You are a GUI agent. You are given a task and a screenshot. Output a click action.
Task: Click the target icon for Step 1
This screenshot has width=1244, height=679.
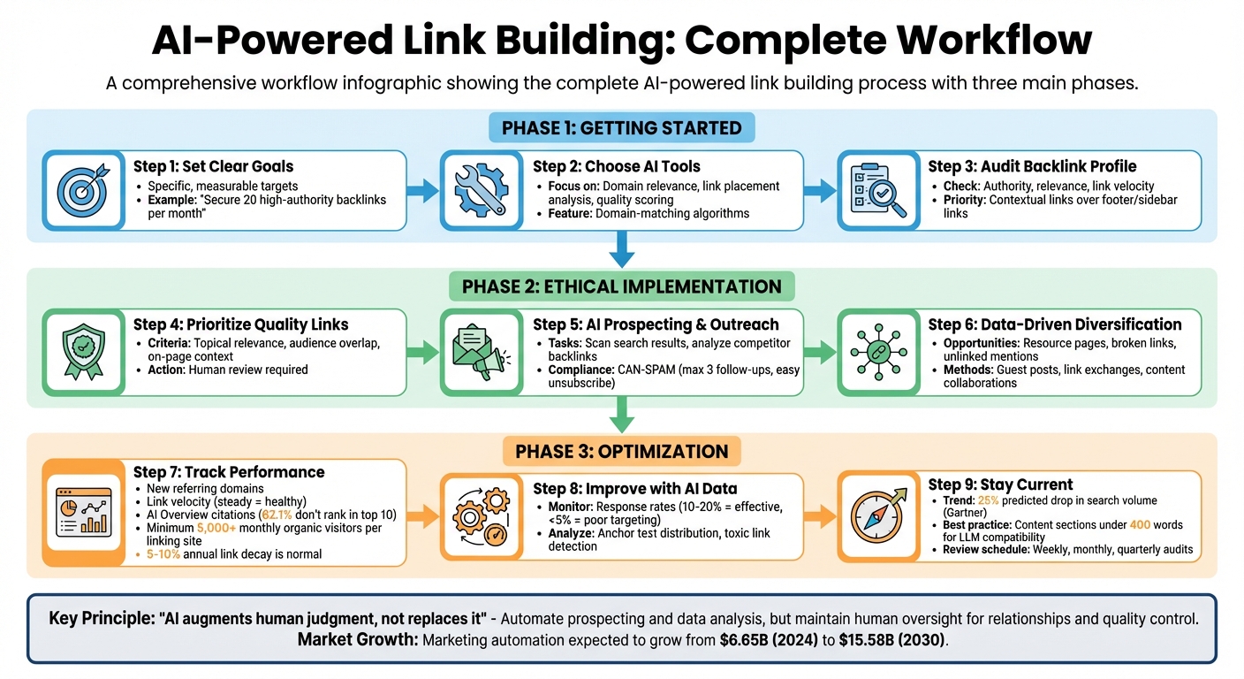[x=81, y=190]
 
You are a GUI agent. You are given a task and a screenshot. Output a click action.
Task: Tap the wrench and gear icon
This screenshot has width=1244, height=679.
[x=479, y=190]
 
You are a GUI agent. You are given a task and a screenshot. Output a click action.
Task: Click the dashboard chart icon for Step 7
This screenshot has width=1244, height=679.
[x=83, y=513]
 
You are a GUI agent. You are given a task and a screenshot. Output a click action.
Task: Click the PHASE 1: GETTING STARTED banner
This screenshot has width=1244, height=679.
[x=622, y=127]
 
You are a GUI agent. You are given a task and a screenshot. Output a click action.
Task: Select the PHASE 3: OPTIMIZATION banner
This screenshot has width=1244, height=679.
[x=622, y=451]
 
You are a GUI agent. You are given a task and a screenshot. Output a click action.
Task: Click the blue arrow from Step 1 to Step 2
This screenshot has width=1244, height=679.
[x=423, y=189]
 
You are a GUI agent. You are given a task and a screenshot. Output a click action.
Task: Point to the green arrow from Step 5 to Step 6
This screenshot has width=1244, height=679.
[x=820, y=351]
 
